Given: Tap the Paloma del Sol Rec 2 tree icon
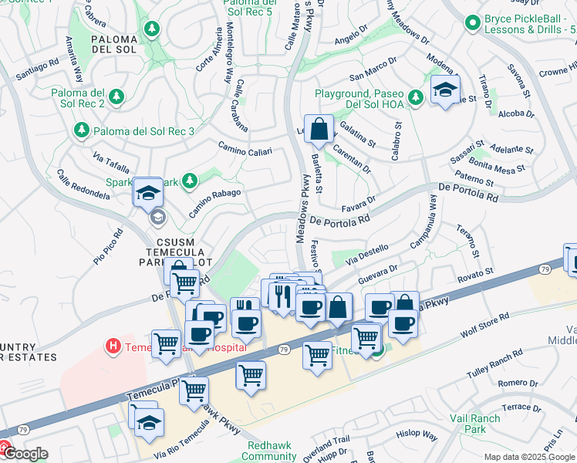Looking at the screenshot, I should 116,96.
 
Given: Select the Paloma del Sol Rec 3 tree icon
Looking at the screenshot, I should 80,131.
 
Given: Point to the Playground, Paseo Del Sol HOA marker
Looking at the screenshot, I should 416,96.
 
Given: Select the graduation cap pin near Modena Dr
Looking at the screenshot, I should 445,90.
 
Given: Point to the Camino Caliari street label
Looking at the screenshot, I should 245,148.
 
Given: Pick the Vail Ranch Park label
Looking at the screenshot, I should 475,424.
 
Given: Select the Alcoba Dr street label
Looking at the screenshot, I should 516,113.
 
